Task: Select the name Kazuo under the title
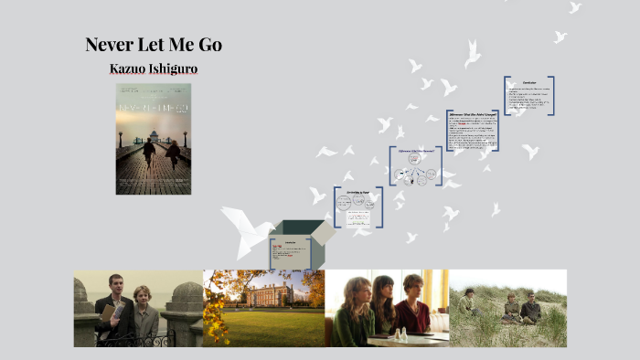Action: point(129,69)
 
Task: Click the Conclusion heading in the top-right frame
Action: point(528,82)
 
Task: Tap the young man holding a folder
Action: point(113,307)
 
